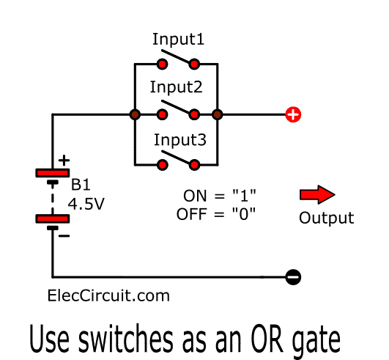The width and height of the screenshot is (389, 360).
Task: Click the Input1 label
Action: [x=178, y=40]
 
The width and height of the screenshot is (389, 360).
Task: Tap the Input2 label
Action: [x=176, y=87]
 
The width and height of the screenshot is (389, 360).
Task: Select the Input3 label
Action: [x=180, y=140]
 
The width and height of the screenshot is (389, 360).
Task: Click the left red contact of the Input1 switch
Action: [x=162, y=65]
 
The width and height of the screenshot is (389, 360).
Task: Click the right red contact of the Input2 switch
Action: [x=194, y=114]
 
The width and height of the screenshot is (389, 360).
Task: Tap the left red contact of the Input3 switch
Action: [x=162, y=165]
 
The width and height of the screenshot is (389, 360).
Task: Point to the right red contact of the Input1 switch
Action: [x=194, y=65]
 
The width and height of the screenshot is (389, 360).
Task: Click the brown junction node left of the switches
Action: [x=135, y=114]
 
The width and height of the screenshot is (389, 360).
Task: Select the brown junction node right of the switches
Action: [x=218, y=114]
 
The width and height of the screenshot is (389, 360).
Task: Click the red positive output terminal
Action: [x=293, y=114]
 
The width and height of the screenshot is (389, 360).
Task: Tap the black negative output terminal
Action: [x=293, y=277]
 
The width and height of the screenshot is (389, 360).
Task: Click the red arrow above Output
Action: [x=317, y=194]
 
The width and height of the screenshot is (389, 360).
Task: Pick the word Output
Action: [x=326, y=218]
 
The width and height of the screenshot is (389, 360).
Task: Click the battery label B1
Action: [x=81, y=185]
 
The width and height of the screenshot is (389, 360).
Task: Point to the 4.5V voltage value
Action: [x=86, y=204]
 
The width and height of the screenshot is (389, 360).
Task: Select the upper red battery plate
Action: [x=53, y=173]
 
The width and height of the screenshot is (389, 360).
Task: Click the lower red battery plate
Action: [x=53, y=218]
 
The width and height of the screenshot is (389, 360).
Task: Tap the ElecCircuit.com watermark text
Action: [x=108, y=295]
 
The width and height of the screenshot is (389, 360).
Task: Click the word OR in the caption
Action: [x=267, y=339]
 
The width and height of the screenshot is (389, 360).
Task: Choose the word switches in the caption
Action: [x=125, y=339]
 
